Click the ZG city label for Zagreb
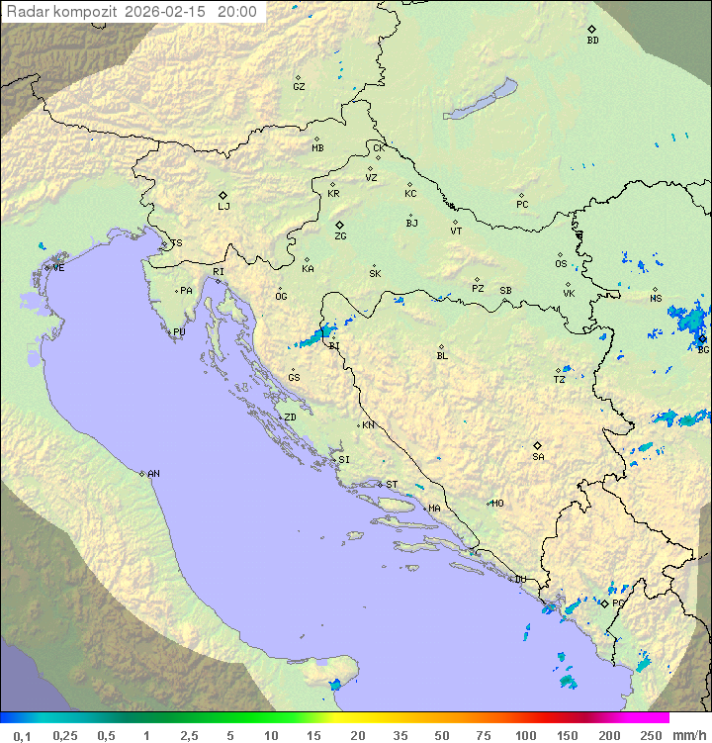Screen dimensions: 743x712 pos(340,236)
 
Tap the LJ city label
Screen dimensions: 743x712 pos(223,207)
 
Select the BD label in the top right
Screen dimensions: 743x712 pos(592,41)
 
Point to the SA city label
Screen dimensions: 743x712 pos(538,457)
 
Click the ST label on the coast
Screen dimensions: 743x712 pos(392,485)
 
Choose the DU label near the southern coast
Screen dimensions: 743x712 pos(520,580)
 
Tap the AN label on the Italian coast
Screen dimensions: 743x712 pos(153,474)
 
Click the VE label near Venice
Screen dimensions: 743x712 pos(58,268)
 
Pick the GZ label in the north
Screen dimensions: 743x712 pos(299,87)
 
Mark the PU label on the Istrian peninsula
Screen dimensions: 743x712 pos(179,332)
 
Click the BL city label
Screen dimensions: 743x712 pos(442,356)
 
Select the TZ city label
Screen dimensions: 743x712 pos(560,380)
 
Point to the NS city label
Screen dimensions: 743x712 pos(656,299)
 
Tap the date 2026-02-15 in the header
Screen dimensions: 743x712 pos(168,13)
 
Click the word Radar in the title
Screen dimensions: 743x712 pos(26,13)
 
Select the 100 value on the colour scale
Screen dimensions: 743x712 pos(525,735)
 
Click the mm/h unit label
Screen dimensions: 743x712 pos(687,735)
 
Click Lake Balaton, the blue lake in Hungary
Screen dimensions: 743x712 pos(481,100)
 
